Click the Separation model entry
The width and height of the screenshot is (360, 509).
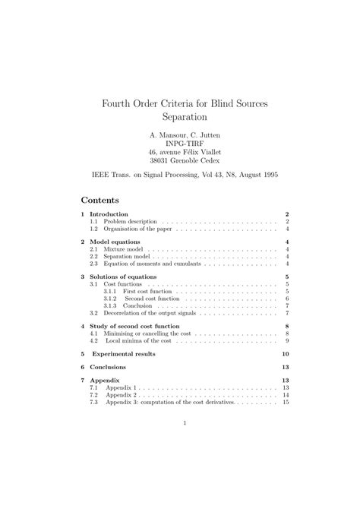[x=126, y=256]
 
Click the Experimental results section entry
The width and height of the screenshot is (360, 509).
[x=123, y=354]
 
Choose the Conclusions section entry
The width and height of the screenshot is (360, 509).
[x=110, y=367]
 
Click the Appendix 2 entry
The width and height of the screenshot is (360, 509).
[x=121, y=395]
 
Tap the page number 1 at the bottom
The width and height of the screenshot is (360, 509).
[x=184, y=424]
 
